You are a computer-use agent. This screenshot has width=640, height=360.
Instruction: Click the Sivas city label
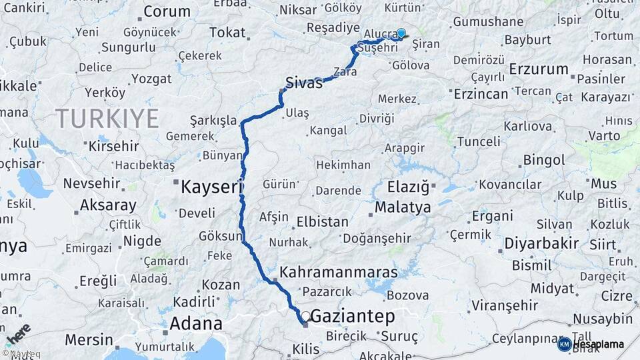[304, 83]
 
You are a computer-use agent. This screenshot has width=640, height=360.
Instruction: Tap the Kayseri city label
[212, 187]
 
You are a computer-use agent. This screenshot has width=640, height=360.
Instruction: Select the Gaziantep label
[353, 316]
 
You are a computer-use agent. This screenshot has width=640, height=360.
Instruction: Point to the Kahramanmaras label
[339, 273]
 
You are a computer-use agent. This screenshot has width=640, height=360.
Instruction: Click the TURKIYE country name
[107, 119]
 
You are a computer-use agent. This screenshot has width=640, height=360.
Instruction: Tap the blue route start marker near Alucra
[401, 33]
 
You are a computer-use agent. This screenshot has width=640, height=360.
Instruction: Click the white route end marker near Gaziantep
[305, 316]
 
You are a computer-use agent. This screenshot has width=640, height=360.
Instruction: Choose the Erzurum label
[538, 69]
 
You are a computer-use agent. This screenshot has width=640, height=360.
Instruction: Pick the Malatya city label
[403, 207]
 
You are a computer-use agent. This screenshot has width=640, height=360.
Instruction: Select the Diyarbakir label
[541, 243]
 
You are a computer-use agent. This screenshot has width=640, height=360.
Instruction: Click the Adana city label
[196, 324]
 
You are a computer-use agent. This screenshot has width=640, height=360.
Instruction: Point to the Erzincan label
[481, 94]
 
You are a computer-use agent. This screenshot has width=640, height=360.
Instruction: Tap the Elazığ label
[407, 187]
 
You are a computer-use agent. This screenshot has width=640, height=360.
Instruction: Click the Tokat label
[227, 33]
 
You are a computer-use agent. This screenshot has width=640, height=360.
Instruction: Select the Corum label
[167, 11]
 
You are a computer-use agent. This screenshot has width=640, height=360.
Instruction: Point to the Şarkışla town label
[213, 120]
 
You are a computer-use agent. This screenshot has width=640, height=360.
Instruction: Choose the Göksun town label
[221, 236]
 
